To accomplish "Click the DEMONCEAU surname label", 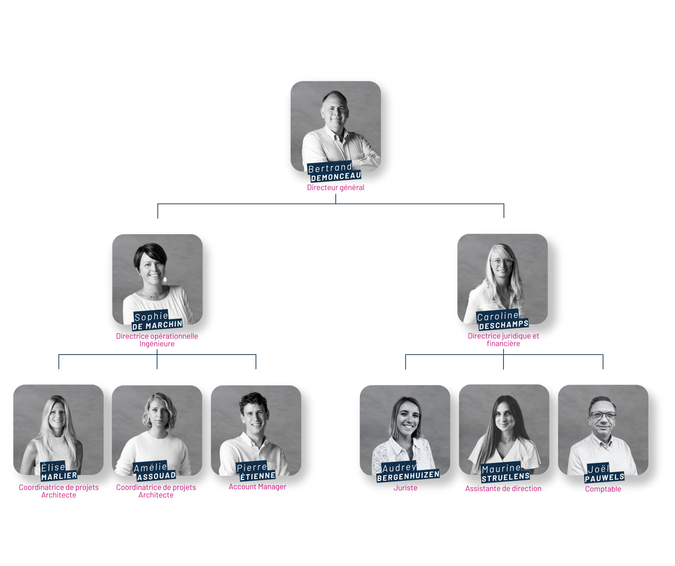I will [336, 176].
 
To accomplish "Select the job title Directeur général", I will [335, 188].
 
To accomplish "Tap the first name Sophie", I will [151, 316].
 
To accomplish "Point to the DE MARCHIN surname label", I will [157, 326].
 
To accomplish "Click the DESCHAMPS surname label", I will [503, 325].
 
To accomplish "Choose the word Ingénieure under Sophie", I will [157, 344].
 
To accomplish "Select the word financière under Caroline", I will [503, 343].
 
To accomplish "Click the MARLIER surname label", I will [59, 476].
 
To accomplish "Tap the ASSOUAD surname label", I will [156, 476].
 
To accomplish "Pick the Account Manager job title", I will [257, 487].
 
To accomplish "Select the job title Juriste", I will [405, 488].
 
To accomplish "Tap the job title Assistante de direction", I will [503, 489].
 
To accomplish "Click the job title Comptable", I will [603, 489].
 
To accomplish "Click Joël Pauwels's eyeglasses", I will [603, 416].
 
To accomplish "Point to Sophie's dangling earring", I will [165, 280].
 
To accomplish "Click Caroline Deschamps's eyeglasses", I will [502, 262].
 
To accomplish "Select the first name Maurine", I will [501, 469].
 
